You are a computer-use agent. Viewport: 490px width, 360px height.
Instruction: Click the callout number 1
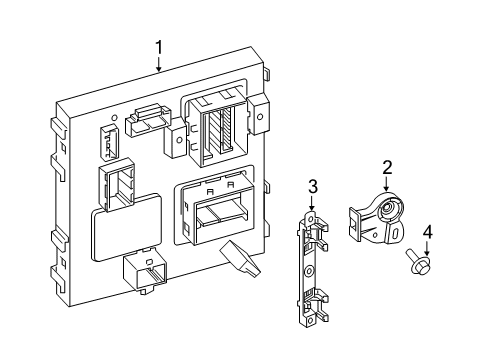(159, 48)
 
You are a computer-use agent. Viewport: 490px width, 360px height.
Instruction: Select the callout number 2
(387, 168)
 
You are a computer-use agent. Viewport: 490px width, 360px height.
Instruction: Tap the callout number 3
(313, 187)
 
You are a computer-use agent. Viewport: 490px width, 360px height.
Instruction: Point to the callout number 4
(428, 232)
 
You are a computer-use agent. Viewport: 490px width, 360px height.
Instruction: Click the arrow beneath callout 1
(159, 64)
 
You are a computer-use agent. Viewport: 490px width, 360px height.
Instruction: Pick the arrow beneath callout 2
(387, 184)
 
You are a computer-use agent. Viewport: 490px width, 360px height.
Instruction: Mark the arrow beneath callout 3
(312, 203)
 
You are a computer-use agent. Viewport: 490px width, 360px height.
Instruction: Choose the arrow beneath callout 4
(427, 249)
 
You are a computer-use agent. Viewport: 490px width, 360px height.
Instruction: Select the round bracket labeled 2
(377, 219)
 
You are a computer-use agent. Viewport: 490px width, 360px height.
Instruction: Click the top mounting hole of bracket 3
(311, 220)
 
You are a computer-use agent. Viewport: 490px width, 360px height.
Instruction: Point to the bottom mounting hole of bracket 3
(310, 320)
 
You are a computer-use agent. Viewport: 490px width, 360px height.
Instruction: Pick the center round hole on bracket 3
(309, 270)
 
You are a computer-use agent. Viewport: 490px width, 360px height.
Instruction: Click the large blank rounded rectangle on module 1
(127, 227)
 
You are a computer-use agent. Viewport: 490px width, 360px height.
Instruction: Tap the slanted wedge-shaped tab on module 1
(240, 259)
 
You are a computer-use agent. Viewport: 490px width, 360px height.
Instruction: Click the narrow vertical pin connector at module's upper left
(109, 142)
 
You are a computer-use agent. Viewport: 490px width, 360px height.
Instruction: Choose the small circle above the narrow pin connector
(114, 118)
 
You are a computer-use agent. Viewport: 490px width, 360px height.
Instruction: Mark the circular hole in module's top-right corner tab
(260, 117)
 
